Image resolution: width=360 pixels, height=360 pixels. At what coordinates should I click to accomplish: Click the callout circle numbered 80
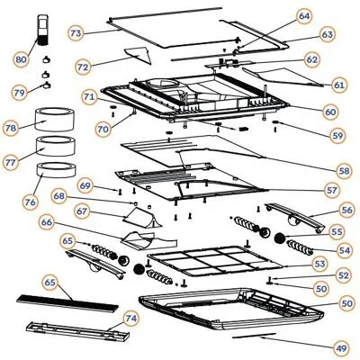click(x=20, y=60)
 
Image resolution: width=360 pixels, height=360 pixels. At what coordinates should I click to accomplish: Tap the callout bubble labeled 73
click(x=76, y=32)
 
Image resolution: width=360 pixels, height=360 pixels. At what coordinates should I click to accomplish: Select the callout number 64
click(x=304, y=16)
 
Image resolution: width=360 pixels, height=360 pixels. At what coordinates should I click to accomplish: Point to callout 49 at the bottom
click(x=340, y=347)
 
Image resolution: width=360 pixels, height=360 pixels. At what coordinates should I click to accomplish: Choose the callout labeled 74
click(x=130, y=318)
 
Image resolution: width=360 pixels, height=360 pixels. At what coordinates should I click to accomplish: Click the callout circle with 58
click(x=344, y=170)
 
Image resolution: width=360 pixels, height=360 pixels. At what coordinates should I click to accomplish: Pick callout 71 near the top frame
click(x=88, y=95)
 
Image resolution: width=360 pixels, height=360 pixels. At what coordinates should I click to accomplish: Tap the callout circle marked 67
click(x=82, y=211)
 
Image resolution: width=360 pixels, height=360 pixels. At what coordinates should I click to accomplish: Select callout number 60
click(x=330, y=111)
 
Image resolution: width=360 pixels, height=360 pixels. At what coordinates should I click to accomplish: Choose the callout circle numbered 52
click(x=344, y=274)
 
